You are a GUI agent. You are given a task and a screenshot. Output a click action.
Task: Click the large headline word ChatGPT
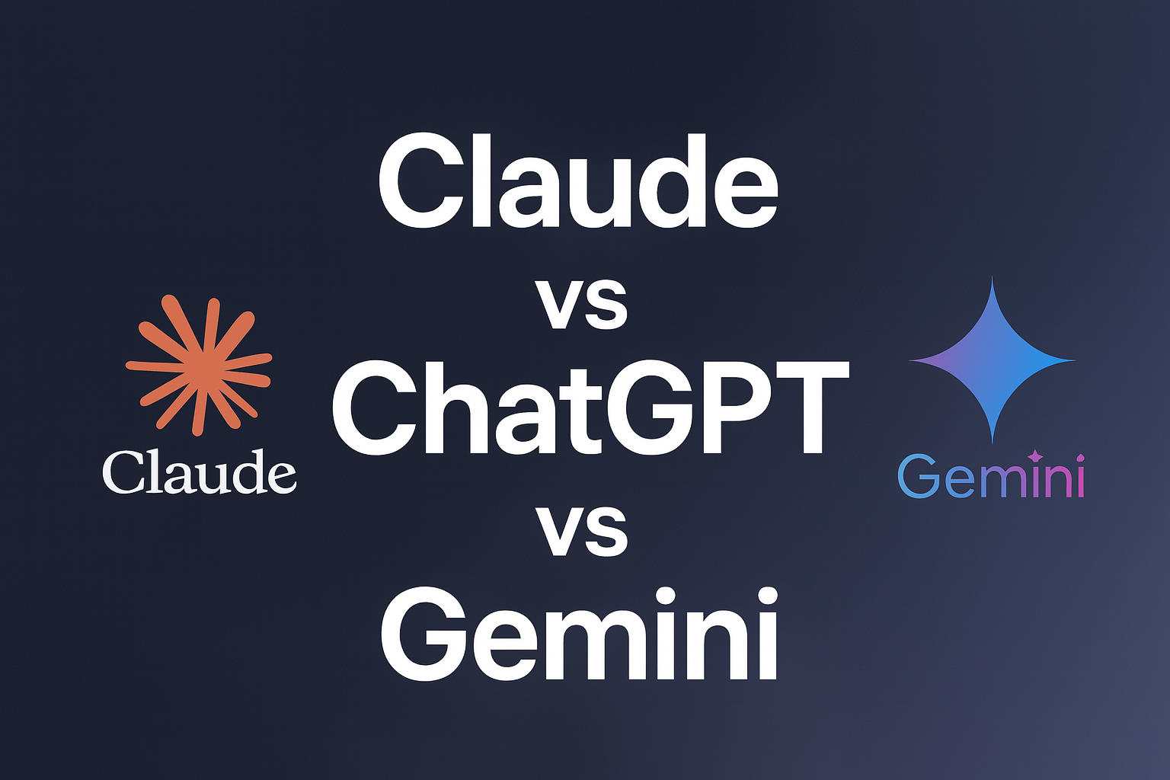coord(590,408)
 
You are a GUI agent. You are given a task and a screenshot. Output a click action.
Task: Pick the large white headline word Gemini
coord(579,635)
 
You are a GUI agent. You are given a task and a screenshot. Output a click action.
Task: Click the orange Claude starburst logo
coord(199,365)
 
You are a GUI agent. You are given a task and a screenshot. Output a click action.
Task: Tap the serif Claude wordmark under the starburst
coord(199,472)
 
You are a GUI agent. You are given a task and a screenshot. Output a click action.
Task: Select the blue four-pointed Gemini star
coord(992,360)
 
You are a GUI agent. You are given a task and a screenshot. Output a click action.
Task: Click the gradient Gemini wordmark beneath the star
coord(991,476)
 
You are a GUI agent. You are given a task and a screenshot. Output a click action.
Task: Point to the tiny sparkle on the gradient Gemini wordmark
coord(1034,456)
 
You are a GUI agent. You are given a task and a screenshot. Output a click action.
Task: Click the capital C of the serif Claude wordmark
coord(122,473)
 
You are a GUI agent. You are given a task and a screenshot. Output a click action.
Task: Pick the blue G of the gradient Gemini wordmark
coord(919,477)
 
